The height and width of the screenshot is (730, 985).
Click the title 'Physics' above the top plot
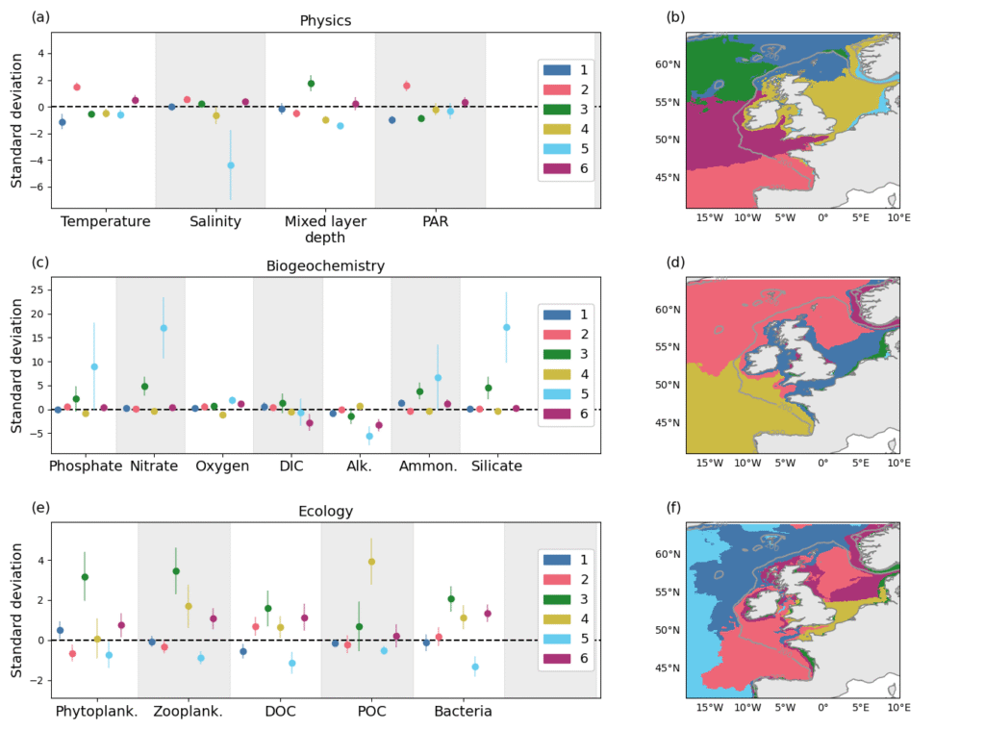point(325,20)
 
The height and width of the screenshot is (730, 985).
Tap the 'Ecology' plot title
point(325,512)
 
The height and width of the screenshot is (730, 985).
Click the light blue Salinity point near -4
point(231,165)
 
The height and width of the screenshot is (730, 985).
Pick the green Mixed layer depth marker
point(311,84)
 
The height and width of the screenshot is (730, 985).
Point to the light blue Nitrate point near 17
point(164,328)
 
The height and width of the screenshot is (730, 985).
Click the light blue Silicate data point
point(507,327)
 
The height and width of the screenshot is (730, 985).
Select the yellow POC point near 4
point(371,562)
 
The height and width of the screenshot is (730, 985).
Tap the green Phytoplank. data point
point(85,577)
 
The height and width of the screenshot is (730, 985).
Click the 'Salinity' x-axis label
point(210,221)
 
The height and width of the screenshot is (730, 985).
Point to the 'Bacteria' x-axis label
point(463,712)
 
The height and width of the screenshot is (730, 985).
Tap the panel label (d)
point(674,263)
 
